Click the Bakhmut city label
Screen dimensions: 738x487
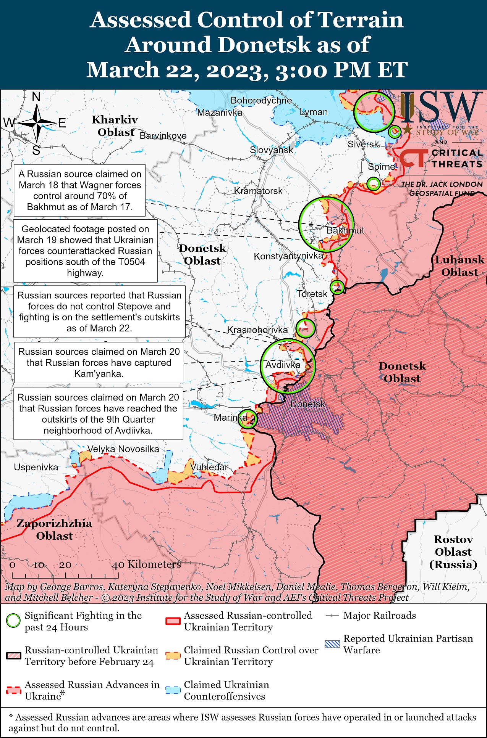point(345,230)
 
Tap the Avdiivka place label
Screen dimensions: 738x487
point(283,365)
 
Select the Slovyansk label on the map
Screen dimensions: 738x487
point(271,150)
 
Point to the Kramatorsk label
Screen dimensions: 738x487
point(258,191)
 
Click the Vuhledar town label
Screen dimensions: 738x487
point(209,467)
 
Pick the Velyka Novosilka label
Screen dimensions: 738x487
point(123,449)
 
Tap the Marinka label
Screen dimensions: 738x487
point(230,417)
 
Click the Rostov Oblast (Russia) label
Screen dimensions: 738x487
point(453,551)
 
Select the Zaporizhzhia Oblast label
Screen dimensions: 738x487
point(54,529)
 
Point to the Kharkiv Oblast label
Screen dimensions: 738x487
point(115,126)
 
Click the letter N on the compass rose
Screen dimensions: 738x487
point(36,97)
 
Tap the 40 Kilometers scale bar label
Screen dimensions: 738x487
point(146,564)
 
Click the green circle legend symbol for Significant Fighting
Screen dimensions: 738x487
point(13,621)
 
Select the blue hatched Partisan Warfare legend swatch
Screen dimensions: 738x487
point(332,644)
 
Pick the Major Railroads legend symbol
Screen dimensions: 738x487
point(332,616)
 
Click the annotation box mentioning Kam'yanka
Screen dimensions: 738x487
point(99,362)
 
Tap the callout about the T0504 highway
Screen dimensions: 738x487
point(86,251)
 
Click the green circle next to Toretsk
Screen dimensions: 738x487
point(337,286)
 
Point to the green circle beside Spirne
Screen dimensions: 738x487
point(374,183)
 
